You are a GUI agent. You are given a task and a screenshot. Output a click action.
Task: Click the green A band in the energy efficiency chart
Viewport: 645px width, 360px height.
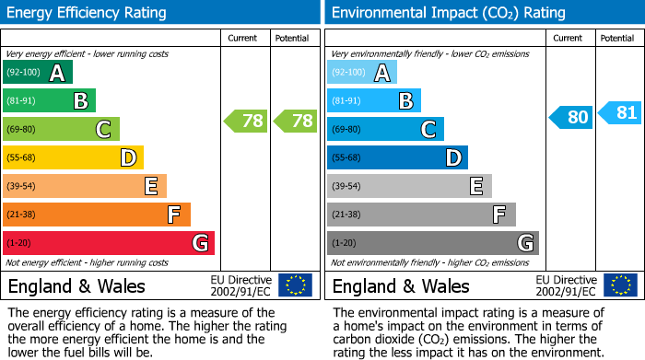point(37,73)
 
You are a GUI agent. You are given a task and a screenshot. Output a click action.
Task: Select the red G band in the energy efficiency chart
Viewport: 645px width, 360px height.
point(108,243)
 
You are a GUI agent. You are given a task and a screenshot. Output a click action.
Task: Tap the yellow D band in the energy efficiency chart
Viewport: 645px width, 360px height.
point(73,158)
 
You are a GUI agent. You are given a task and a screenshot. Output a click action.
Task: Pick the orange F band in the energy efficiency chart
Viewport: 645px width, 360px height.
point(96,215)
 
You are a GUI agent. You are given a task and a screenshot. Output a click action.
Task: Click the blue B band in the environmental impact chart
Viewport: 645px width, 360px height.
point(373,100)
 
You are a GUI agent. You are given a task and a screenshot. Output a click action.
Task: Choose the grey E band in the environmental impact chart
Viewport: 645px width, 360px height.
point(409,186)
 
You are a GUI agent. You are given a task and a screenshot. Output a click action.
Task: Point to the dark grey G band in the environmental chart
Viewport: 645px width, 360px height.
point(432,243)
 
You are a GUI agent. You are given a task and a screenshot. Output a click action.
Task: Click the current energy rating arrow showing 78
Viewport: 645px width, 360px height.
point(245,120)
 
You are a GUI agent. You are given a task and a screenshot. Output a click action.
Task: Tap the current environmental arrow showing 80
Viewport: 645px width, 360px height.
point(570,117)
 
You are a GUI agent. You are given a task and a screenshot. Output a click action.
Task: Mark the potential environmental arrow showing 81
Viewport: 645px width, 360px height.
point(619,112)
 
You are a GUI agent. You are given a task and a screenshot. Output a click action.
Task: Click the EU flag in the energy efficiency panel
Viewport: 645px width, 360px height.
point(295,285)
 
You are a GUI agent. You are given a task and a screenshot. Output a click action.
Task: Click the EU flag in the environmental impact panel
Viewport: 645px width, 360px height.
point(620,285)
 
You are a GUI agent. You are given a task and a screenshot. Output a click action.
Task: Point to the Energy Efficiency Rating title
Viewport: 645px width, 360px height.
point(88,13)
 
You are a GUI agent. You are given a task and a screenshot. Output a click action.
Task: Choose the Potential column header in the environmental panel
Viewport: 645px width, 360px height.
point(617,38)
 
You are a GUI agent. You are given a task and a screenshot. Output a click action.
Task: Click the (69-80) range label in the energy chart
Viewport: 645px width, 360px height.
point(23,130)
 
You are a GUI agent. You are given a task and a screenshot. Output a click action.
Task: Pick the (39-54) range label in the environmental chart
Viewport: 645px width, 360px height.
point(347,187)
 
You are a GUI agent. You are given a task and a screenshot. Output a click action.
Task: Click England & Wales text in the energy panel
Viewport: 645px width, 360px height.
point(77,285)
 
